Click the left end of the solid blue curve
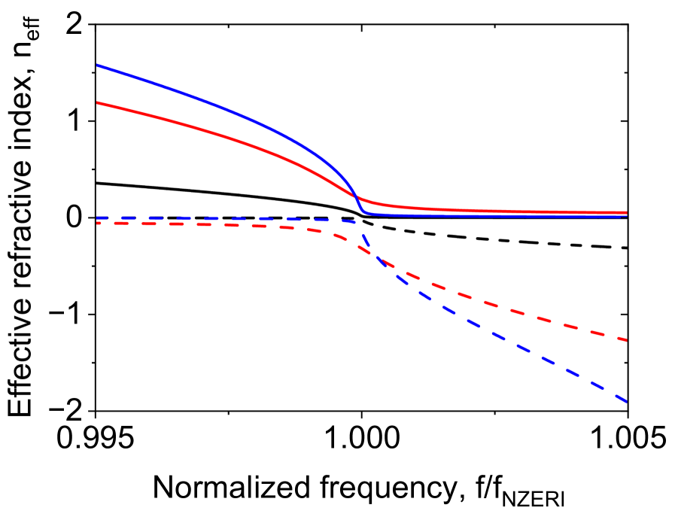98,66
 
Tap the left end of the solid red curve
98,102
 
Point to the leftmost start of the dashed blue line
98,218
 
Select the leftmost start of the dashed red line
98,224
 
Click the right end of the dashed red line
626,340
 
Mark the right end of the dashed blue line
626,402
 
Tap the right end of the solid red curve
626,212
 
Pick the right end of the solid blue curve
626,216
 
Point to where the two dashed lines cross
376,256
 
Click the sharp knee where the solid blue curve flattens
365,213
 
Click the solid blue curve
226,109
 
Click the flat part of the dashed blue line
226,218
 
